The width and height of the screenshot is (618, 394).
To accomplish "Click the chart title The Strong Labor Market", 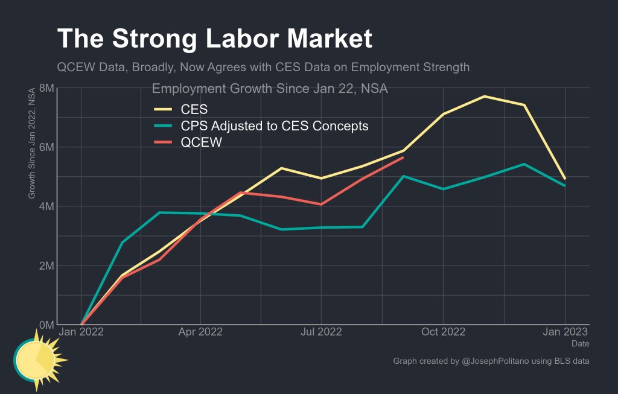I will (x=214, y=39).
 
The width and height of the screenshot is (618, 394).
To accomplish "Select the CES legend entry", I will (x=194, y=109).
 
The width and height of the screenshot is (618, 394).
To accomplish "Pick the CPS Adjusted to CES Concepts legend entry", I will (x=275, y=126).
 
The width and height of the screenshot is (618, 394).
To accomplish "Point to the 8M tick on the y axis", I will (x=46, y=88).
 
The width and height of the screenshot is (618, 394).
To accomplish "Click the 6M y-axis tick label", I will (x=46, y=147).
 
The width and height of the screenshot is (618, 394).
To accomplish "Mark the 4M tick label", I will (x=46, y=206).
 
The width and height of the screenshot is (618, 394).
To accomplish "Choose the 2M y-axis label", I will (x=46, y=265).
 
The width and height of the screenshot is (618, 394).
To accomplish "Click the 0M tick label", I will (x=46, y=325).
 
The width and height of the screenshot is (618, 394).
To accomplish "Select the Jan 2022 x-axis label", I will (x=81, y=332).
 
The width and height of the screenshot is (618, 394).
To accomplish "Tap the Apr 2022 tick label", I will (x=201, y=332).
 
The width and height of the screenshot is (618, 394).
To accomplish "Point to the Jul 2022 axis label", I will (x=321, y=332).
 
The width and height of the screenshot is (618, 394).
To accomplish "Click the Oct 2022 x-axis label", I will (x=443, y=332).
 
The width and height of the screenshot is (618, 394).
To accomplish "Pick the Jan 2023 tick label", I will (x=565, y=332).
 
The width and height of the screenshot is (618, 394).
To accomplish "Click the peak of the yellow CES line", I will (x=484, y=96).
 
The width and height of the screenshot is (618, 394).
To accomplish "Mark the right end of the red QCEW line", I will (x=403, y=157).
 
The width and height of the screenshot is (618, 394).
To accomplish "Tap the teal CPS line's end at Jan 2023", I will (x=565, y=185).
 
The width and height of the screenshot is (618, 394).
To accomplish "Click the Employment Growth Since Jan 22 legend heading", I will (x=269, y=89).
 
